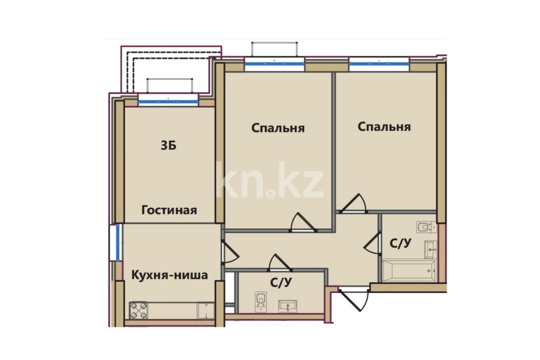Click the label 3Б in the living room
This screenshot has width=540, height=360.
169,146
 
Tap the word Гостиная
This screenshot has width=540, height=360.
169,210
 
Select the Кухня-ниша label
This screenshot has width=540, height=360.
170,275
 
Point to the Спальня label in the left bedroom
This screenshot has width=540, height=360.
278,128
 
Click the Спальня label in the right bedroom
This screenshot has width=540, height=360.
385,126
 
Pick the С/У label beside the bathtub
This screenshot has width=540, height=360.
400,243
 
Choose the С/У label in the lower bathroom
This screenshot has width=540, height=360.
281,282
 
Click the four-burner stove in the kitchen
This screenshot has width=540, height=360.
139,310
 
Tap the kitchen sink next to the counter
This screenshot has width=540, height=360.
205,311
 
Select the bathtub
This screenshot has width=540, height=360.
409,271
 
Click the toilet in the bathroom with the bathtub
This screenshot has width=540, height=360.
426,227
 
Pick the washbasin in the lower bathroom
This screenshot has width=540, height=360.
288,306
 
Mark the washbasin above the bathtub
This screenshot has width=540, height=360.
430,249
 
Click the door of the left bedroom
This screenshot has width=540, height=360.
303,222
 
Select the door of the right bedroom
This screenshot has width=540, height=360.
353,204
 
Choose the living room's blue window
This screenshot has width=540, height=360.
168,102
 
